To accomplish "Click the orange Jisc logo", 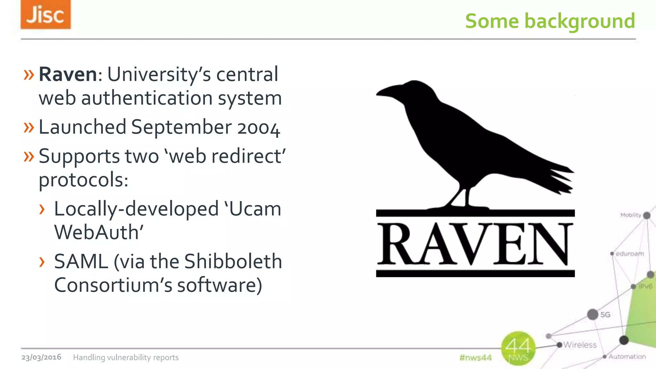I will (x=45, y=15).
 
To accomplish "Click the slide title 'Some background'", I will (x=550, y=21).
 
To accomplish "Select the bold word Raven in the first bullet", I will (x=68, y=74).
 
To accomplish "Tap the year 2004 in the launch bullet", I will (x=258, y=128).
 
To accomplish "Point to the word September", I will (x=181, y=128).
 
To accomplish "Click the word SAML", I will (x=81, y=261).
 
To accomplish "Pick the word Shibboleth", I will (x=233, y=261).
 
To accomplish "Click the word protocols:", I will (x=83, y=180).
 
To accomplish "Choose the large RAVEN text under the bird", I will (x=475, y=244).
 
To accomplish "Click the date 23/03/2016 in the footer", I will (x=41, y=357).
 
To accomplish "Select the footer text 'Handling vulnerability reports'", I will (x=126, y=357).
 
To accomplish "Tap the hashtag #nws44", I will (x=475, y=357).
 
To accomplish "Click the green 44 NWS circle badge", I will (x=518, y=348).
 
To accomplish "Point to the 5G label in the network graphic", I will (x=605, y=315).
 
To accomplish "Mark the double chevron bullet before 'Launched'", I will (x=29, y=128).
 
